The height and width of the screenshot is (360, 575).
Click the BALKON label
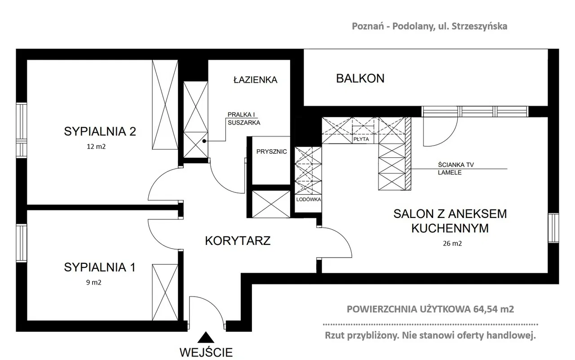(360, 79)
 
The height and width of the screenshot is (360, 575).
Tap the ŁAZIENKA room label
(256, 80)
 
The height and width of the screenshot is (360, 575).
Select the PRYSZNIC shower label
(272, 151)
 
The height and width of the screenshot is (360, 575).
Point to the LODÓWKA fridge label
(308, 199)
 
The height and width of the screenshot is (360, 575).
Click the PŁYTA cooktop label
(361, 139)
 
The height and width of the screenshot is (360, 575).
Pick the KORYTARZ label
(238, 241)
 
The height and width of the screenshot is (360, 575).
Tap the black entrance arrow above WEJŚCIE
(206, 338)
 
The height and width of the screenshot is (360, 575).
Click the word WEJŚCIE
(206, 352)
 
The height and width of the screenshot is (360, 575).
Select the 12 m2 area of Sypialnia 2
(96, 147)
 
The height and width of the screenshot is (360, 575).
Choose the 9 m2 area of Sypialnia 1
(94, 282)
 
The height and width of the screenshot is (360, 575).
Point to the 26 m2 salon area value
(452, 244)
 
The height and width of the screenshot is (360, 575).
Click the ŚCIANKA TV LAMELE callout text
(456, 169)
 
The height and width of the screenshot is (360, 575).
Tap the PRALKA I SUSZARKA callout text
(244, 119)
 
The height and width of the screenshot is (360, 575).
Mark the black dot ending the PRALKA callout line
(204, 141)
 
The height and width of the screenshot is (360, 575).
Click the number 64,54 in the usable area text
(486, 309)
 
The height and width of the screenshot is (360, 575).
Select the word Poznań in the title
(368, 26)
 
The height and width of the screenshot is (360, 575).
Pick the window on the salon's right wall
(553, 228)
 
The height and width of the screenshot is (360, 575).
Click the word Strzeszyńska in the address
(479, 27)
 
